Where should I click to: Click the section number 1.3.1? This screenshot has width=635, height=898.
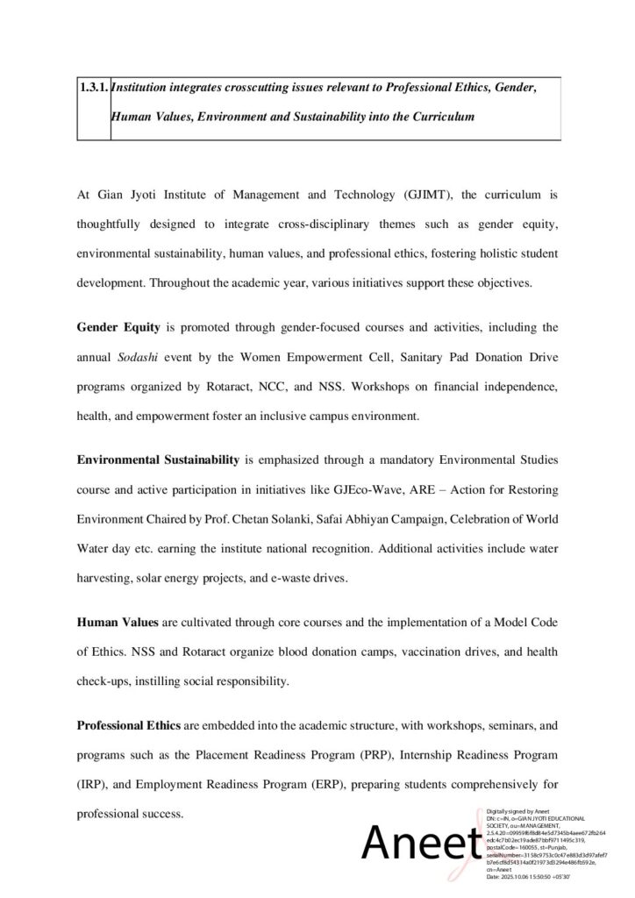point(94,89)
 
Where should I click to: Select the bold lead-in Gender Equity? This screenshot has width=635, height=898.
point(118,328)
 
